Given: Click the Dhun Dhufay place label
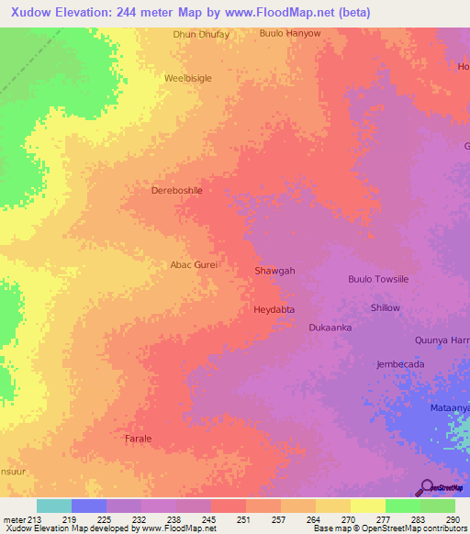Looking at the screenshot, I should click(x=201, y=34).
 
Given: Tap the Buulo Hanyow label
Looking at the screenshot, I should click(x=290, y=34).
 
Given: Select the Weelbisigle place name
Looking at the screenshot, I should click(x=188, y=78).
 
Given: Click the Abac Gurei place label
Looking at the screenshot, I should click(x=194, y=264).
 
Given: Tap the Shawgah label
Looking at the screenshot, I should click(x=274, y=271).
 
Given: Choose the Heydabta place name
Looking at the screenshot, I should click(x=274, y=310).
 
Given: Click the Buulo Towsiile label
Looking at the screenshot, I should click(x=379, y=279).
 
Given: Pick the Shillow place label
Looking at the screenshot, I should click(x=386, y=307).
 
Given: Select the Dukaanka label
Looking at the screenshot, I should click(x=330, y=328).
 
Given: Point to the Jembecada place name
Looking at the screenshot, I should click(x=400, y=364).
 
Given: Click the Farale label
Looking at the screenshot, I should click(x=138, y=439).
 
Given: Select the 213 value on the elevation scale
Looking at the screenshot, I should click(x=27, y=518).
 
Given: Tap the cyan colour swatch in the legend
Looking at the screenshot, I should click(x=53, y=506).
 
